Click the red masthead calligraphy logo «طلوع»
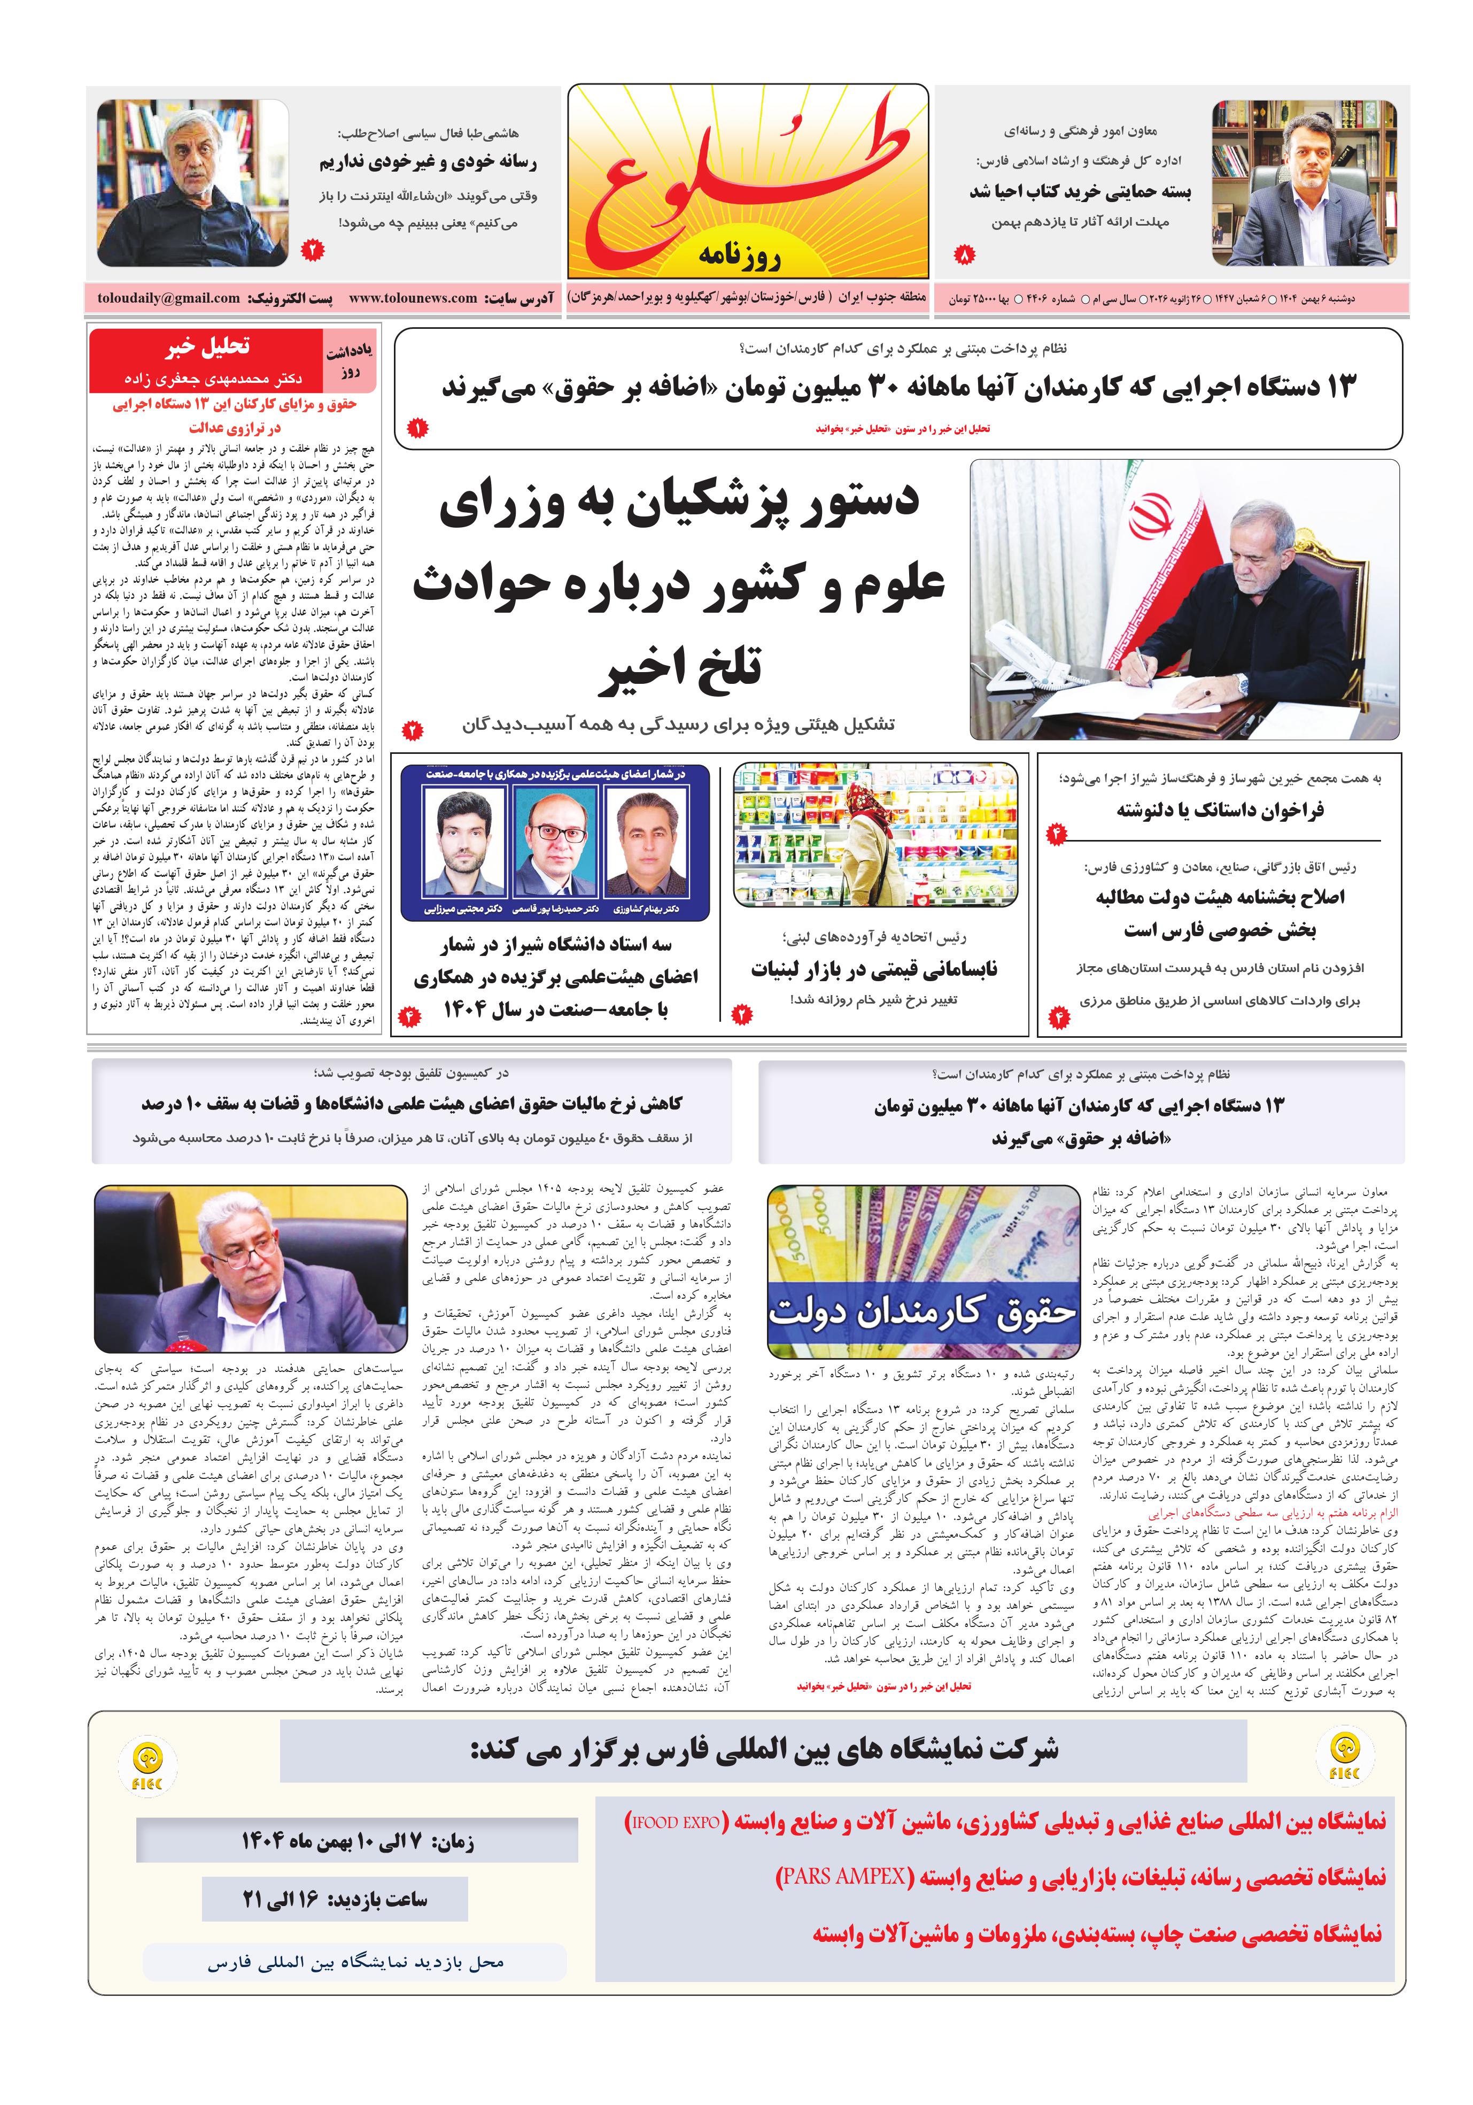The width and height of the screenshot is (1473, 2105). (747, 179)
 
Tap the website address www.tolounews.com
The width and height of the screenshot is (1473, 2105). (413, 298)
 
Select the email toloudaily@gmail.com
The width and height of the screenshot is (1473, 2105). (169, 298)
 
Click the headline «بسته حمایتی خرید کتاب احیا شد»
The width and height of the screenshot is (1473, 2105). (1080, 191)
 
